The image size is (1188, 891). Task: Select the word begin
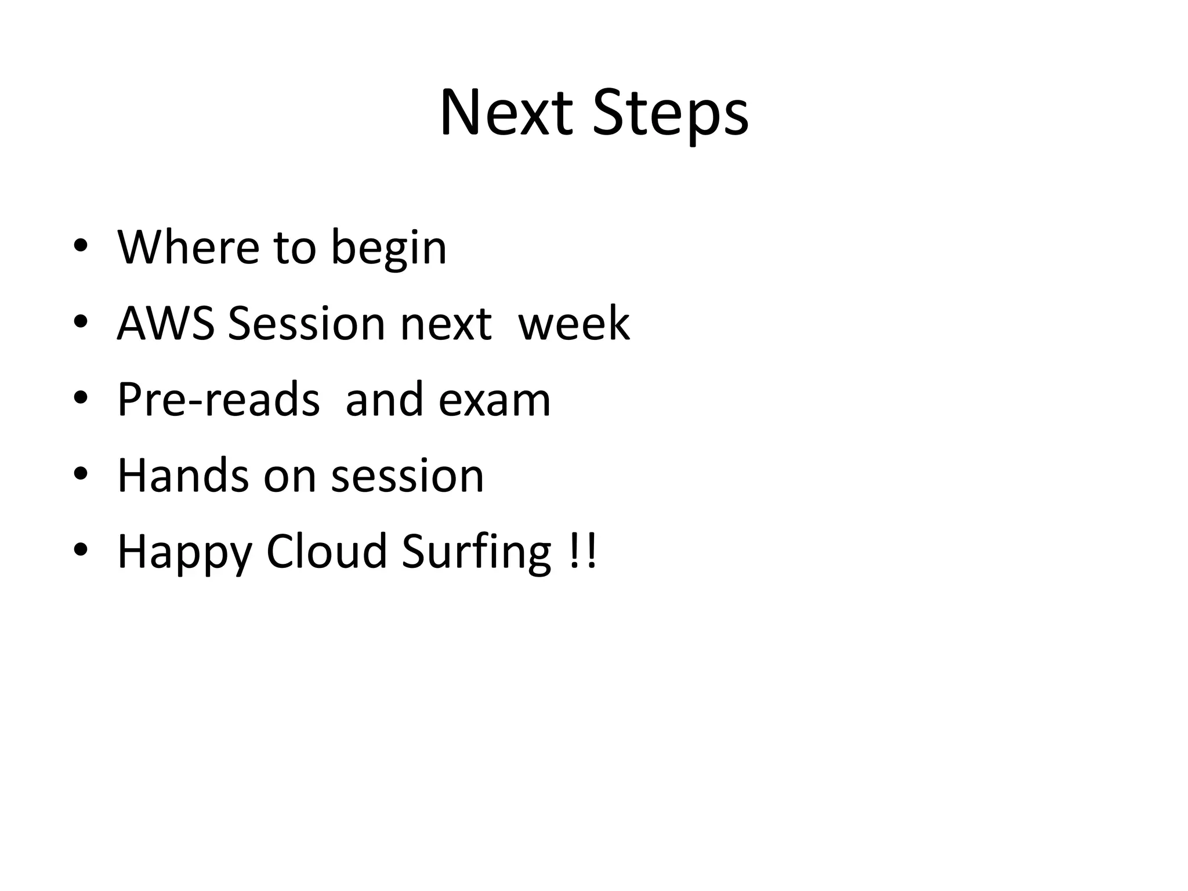tap(389, 249)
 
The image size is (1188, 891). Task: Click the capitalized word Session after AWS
tap(306, 323)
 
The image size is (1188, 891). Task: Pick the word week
tap(573, 323)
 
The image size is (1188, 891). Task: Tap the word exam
tap(494, 400)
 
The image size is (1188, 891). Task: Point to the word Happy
tap(184, 553)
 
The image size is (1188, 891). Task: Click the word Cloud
tap(327, 551)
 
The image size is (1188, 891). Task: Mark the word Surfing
tap(477, 553)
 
